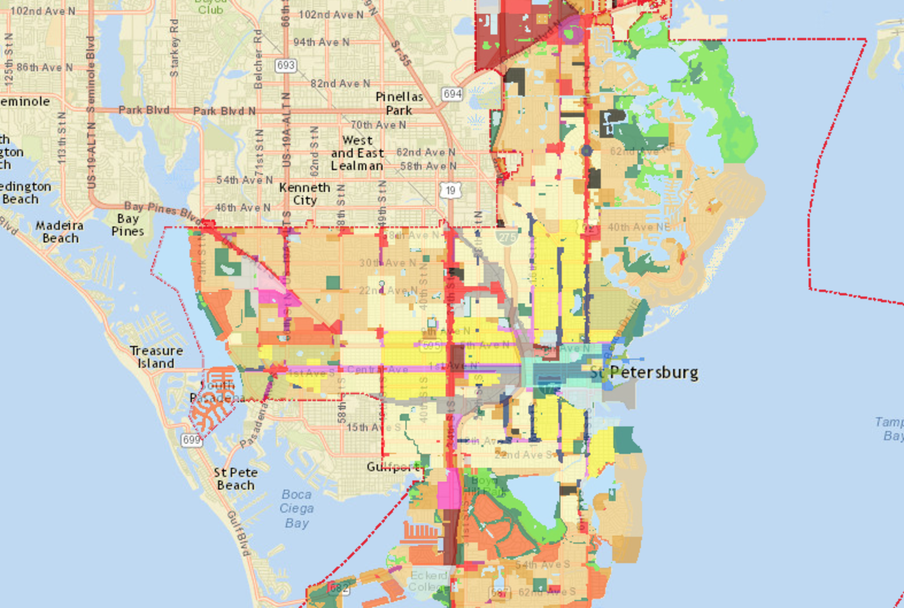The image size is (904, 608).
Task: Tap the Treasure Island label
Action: [x=156, y=357]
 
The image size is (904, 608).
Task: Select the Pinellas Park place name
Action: [x=399, y=103]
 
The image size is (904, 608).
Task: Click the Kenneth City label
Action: [x=304, y=194]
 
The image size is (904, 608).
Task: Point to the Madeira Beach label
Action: [x=60, y=232]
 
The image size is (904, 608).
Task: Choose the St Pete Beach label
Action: [x=235, y=479]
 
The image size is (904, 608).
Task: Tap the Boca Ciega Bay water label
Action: [x=297, y=509]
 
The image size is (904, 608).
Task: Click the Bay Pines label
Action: [x=128, y=225]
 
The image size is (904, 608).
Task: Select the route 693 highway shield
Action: [x=285, y=65]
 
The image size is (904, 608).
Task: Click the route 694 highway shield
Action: [x=452, y=93]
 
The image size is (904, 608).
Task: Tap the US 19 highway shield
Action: [x=450, y=190]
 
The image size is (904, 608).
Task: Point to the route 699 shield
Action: [x=191, y=440]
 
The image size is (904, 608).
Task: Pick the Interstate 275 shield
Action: [x=507, y=237]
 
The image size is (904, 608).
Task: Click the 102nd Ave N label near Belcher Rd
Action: [x=331, y=14]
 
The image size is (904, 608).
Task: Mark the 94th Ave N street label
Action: [x=321, y=42]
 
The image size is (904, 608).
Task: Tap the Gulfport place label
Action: [x=393, y=467]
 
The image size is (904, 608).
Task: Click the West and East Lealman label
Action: [x=357, y=153]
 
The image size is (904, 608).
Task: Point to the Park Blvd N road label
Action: [x=224, y=111]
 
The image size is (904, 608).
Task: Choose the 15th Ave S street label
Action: [x=368, y=427]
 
